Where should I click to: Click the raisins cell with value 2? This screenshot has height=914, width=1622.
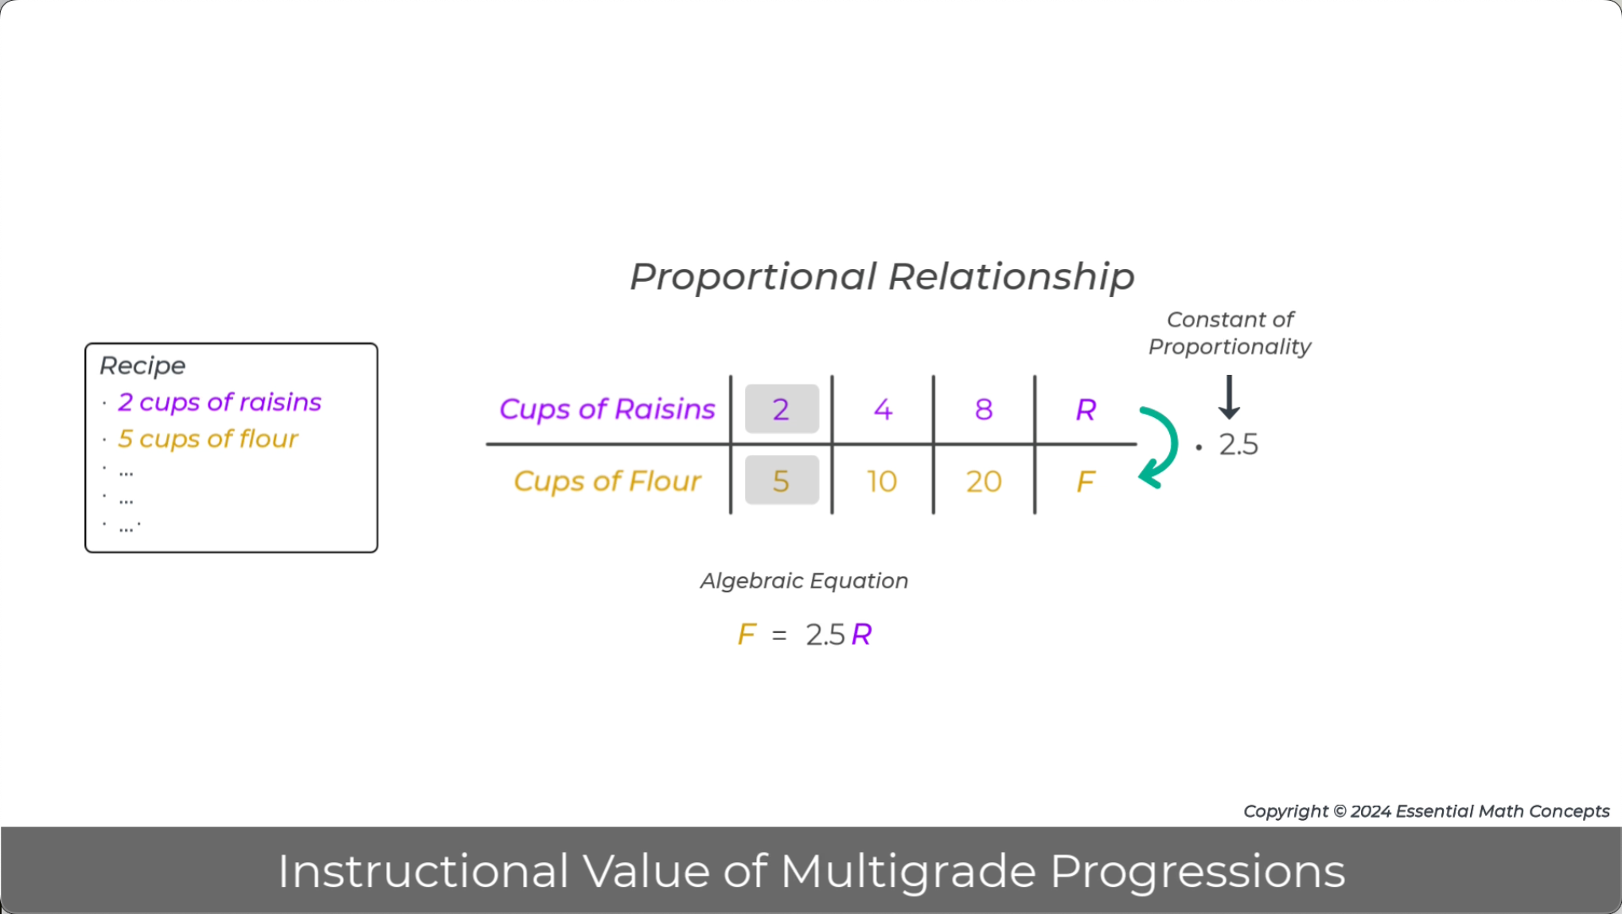pos(781,409)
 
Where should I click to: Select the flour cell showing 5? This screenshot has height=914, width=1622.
pos(781,481)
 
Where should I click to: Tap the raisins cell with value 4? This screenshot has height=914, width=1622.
pos(883,409)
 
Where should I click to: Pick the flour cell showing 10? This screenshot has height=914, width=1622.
pos(882,481)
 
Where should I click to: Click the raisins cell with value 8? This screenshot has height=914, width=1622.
pos(984,409)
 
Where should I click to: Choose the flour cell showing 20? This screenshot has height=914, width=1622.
pos(984,481)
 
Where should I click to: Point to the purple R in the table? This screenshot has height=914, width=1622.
pos(1086,409)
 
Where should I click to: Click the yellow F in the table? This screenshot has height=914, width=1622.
pos(1086,481)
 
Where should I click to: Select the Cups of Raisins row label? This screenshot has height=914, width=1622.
pos(607,409)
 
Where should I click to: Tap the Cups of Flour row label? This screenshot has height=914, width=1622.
pos(607,481)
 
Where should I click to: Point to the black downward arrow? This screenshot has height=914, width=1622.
pos(1229,396)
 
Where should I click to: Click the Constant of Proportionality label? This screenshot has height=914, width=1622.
pos(1230,333)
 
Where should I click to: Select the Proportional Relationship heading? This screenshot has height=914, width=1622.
pos(882,277)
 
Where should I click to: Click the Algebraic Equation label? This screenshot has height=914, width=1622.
pos(804,580)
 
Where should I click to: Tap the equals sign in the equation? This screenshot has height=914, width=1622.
pos(779,635)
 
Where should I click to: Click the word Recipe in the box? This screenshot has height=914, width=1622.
pos(142,365)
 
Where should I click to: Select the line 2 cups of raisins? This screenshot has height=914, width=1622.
pos(220,402)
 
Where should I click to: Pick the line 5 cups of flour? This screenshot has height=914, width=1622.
pos(208,439)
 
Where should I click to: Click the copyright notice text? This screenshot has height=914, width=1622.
pos(1426,811)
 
